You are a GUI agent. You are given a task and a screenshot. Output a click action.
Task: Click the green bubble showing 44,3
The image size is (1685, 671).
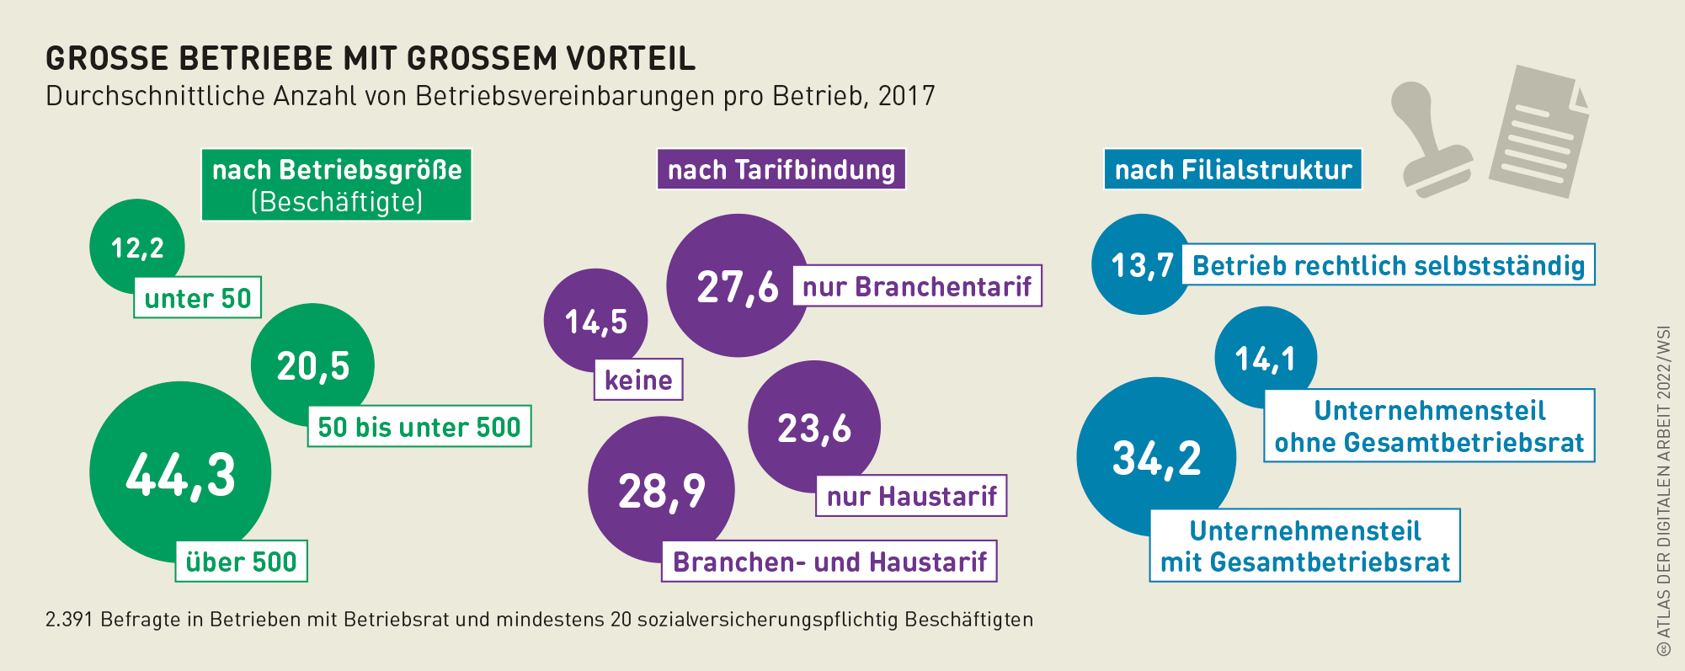click(x=180, y=472)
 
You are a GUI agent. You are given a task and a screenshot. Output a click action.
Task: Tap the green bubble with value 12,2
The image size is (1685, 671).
click(x=137, y=247)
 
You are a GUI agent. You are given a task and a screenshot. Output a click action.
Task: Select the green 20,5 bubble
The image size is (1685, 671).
click(x=312, y=365)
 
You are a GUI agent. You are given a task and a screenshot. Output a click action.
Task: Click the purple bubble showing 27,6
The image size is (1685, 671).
click(x=738, y=286)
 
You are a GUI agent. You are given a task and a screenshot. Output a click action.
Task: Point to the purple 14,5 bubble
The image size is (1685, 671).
click(x=595, y=321)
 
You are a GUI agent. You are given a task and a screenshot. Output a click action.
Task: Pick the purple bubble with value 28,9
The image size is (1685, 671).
click(x=661, y=490)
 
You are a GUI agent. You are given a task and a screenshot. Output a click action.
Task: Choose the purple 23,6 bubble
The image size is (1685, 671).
click(x=814, y=427)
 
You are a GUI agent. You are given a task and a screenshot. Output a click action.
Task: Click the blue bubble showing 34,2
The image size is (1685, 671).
click(x=1156, y=457)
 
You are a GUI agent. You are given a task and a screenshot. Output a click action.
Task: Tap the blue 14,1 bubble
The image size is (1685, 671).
click(x=1265, y=358)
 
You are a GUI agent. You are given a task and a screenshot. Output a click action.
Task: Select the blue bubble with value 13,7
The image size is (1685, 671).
click(x=1141, y=264)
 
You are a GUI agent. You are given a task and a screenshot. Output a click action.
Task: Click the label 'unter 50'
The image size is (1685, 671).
click(x=198, y=298)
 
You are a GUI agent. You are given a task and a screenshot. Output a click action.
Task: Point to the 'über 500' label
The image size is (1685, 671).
click(x=241, y=562)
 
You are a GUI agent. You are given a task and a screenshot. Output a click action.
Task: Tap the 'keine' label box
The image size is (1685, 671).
click(x=638, y=380)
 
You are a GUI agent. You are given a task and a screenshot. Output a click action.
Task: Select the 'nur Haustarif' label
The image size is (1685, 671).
click(x=911, y=496)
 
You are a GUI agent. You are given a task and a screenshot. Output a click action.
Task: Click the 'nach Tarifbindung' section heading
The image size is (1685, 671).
click(x=781, y=169)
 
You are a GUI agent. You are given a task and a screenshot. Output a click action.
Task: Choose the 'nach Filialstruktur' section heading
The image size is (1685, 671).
click(x=1233, y=169)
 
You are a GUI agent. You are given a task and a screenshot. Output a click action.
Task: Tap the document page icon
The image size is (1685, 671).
click(x=1538, y=132)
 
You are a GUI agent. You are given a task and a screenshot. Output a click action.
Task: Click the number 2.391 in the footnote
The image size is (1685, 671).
click(x=70, y=620)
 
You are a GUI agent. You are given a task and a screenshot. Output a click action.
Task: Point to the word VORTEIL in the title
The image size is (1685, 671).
click(x=631, y=58)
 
